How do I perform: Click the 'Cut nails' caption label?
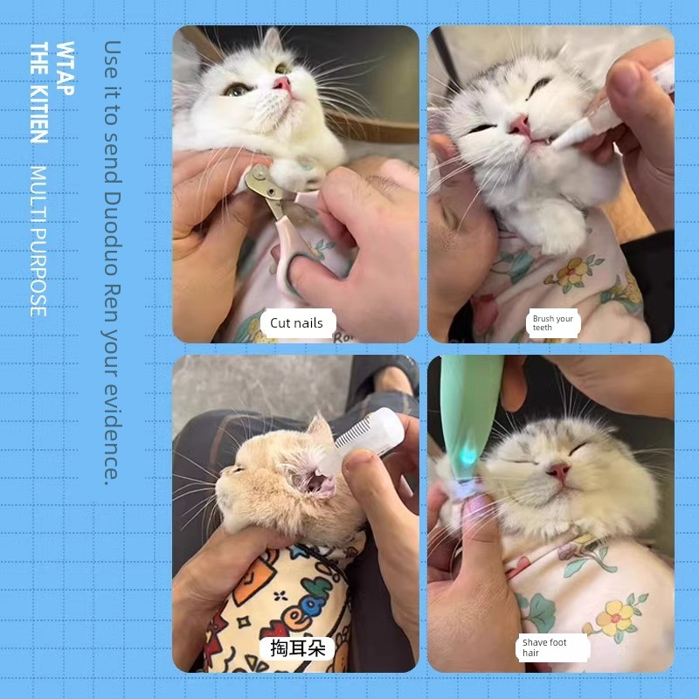pos(297,322)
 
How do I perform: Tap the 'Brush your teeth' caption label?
pos(553,322)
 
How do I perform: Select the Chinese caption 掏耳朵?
pos(297,647)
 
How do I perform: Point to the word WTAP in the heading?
pos(65,68)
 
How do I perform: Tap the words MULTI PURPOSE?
pos(38,241)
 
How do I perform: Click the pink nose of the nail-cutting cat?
pos(282,83)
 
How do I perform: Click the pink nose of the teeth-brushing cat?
pos(520,126)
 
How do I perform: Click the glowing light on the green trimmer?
pos(467,454)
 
